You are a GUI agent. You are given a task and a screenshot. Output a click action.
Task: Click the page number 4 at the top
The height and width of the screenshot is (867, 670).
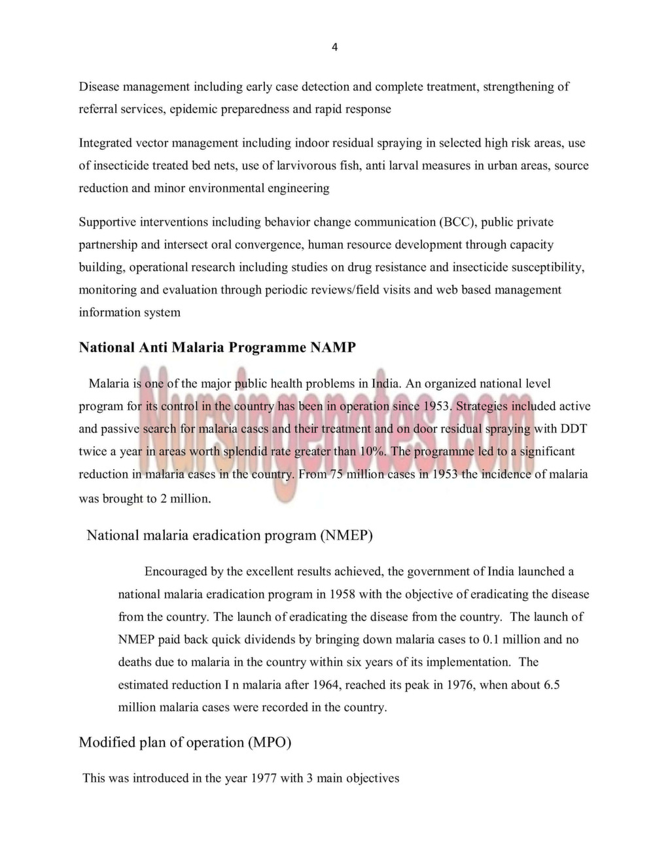[x=334, y=47]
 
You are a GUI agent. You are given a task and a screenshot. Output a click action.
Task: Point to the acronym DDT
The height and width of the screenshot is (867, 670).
[x=574, y=429]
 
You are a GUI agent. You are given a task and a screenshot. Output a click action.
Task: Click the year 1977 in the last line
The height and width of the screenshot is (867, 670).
[x=264, y=779]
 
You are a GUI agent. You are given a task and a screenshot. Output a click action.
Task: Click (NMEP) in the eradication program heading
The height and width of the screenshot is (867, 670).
[x=346, y=536]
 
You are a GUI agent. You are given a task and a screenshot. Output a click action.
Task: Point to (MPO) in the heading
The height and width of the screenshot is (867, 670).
[x=269, y=743]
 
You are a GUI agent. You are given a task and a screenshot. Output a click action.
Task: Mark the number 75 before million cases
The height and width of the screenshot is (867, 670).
[x=336, y=474]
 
